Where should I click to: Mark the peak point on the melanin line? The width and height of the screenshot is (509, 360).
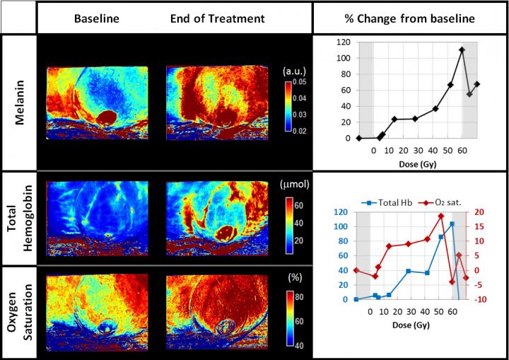pyautogui.click(x=462, y=50)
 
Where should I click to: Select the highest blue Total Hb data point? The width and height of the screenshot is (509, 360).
pyautogui.click(x=452, y=224)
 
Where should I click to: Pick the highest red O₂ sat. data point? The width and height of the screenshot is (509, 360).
pyautogui.click(x=440, y=216)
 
